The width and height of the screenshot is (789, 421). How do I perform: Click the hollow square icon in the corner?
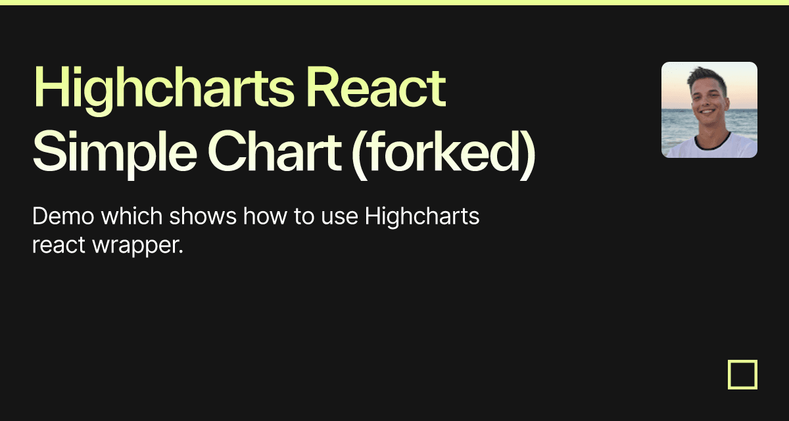(742, 374)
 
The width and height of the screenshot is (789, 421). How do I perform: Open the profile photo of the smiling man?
(709, 110)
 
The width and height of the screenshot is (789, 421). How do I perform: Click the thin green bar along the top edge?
(394, 2)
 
